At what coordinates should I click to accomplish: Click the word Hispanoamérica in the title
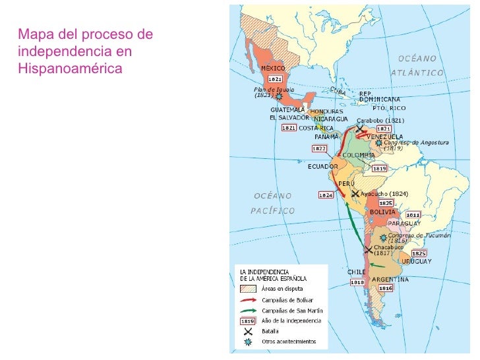point(71,68)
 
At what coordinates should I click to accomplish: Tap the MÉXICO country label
point(273,69)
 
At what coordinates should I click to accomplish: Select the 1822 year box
point(319,149)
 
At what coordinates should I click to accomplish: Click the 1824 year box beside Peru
point(326,195)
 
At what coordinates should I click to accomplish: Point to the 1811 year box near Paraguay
point(413,214)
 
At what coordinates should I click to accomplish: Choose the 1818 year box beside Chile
point(357,282)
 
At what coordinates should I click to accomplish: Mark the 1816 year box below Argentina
point(386,288)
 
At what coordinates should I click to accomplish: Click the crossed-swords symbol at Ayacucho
point(355,194)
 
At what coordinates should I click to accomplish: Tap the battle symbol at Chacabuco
point(369,248)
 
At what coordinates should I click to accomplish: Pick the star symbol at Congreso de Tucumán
point(382,236)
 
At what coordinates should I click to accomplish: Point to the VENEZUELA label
point(384,136)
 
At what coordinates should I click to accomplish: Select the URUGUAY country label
point(417,261)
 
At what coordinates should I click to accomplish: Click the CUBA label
point(338,92)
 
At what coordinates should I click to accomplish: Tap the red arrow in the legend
point(247,299)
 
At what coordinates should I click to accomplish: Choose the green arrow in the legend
point(247,310)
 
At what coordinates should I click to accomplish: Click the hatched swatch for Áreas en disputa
point(247,288)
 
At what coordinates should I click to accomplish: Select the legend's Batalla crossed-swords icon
point(247,332)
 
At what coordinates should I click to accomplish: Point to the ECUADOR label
point(323,167)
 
